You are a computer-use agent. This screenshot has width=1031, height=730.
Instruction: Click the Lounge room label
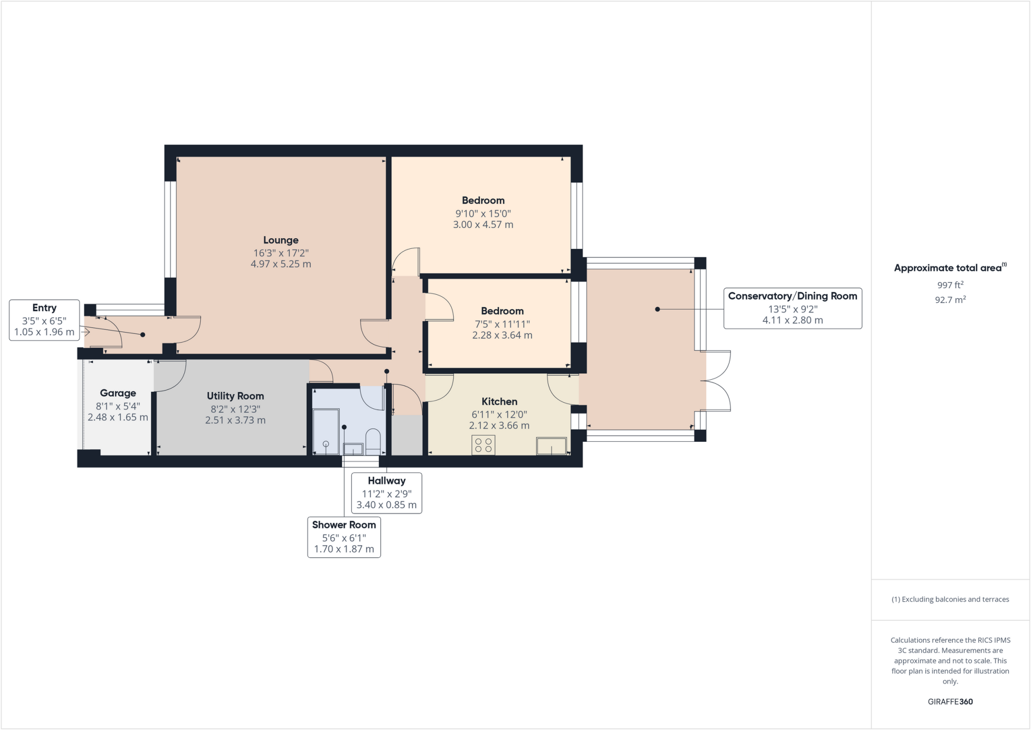tap(281, 240)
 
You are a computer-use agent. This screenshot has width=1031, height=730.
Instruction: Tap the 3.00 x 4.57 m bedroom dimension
tap(483, 225)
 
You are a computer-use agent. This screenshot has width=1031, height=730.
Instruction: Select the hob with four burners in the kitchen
tap(483, 445)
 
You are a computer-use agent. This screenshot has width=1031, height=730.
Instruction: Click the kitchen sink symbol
tap(551, 446)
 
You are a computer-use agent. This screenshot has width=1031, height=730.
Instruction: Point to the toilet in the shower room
tap(373, 441)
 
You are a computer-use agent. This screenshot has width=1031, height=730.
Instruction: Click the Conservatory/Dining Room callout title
tap(792, 296)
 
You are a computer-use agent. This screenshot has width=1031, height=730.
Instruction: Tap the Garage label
tap(118, 393)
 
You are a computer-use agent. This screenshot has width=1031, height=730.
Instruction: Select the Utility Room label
tap(235, 396)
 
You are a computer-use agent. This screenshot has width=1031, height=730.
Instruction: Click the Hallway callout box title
tap(386, 481)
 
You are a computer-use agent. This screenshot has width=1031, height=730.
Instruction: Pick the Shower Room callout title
tap(344, 525)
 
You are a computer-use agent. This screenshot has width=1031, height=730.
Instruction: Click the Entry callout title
tap(44, 308)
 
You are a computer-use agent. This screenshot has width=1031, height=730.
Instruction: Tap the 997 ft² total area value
tap(950, 285)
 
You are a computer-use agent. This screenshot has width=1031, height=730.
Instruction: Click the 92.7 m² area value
tap(950, 300)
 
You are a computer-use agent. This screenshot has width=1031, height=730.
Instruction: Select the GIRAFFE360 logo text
tap(950, 702)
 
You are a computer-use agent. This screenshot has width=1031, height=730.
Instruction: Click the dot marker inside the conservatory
tap(657, 309)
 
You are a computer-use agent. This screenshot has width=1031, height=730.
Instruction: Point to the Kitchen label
tap(499, 402)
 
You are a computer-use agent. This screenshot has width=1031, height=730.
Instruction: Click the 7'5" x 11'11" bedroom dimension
tap(502, 324)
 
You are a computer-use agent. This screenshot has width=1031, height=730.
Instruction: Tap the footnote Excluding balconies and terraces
tap(950, 600)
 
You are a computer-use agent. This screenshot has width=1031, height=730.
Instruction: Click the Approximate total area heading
tap(949, 268)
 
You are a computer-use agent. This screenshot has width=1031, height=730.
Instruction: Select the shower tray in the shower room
tap(326, 432)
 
